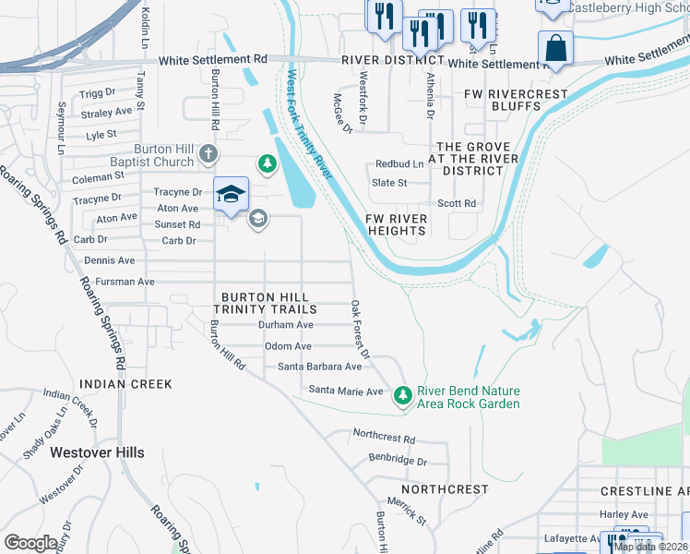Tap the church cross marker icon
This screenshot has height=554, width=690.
209,152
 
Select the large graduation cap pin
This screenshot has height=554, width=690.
232,193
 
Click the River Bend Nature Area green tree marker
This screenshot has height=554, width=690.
402,395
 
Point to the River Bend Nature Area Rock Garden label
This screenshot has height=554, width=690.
469,398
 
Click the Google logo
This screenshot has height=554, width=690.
31,543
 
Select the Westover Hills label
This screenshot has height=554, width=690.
97,452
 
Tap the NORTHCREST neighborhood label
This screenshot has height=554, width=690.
445,488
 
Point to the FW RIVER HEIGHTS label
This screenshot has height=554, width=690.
397,224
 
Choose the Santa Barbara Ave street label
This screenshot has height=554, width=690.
319,367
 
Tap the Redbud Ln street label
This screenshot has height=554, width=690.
399,164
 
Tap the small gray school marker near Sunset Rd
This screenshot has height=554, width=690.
257,218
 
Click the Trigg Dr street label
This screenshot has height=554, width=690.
98,93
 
